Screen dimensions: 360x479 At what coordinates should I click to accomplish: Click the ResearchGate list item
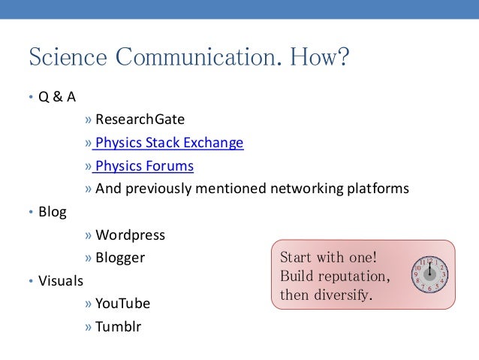click(140, 119)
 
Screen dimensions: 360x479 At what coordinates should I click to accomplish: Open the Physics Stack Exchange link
click(169, 143)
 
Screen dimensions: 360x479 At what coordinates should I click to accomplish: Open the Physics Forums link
click(144, 166)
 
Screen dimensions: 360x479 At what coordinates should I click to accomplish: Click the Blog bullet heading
click(52, 212)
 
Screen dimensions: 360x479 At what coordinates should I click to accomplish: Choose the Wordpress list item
click(130, 235)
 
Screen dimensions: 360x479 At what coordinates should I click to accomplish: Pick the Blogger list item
click(120, 258)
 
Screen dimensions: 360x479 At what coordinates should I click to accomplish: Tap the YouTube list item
click(122, 304)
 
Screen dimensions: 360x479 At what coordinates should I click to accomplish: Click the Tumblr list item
click(118, 327)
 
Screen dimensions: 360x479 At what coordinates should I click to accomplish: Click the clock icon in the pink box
click(429, 274)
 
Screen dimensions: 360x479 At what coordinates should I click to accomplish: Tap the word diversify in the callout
click(341, 295)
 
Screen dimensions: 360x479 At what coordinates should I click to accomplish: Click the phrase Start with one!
click(328, 257)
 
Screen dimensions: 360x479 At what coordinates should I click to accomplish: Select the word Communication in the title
click(202, 58)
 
